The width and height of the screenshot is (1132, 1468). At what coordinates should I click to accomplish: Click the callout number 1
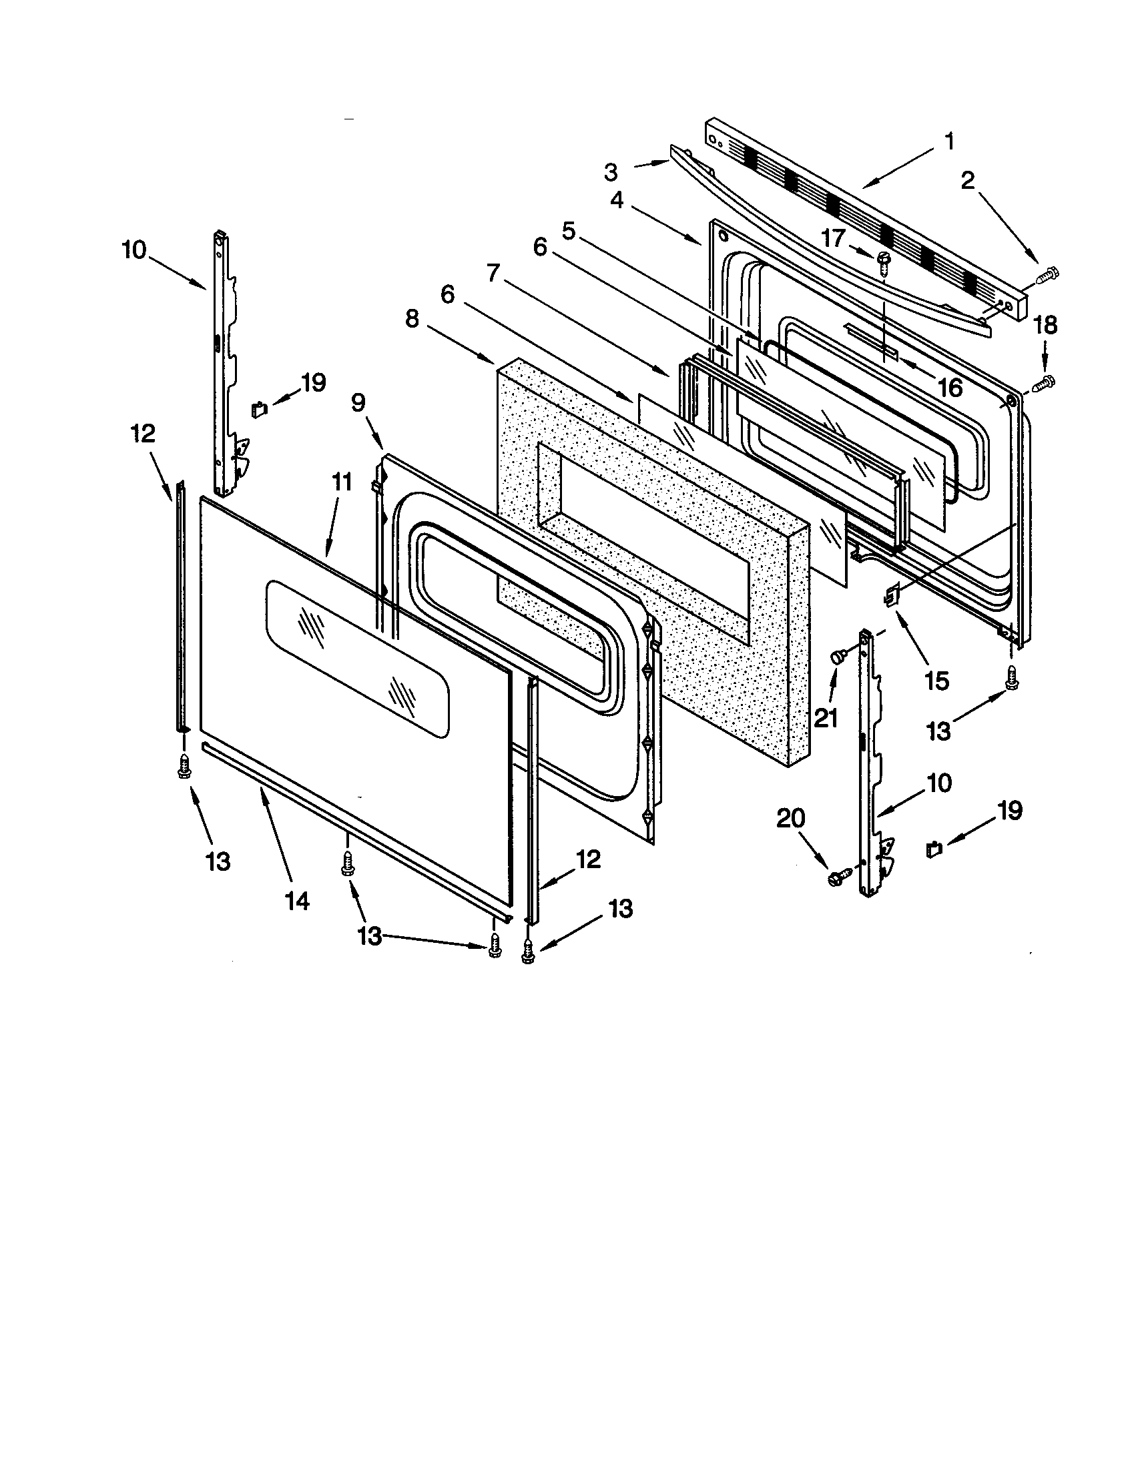948,143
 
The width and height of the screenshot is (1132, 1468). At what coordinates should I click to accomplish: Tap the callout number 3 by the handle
610,173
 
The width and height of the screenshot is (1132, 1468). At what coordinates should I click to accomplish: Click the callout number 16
950,388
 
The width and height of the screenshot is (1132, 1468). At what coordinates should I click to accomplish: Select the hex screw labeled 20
838,876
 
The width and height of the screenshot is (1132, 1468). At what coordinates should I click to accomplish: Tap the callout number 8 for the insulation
412,319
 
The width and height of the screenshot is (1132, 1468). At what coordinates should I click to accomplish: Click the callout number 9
358,402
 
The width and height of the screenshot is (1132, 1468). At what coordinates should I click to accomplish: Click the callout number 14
297,901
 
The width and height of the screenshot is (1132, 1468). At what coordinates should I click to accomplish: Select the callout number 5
569,232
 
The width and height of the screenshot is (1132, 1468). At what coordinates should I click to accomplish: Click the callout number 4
617,200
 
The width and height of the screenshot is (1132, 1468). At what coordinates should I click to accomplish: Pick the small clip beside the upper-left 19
260,408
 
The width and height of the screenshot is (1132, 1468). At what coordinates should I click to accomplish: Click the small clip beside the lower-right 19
934,849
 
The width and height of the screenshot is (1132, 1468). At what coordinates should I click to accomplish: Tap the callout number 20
790,819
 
